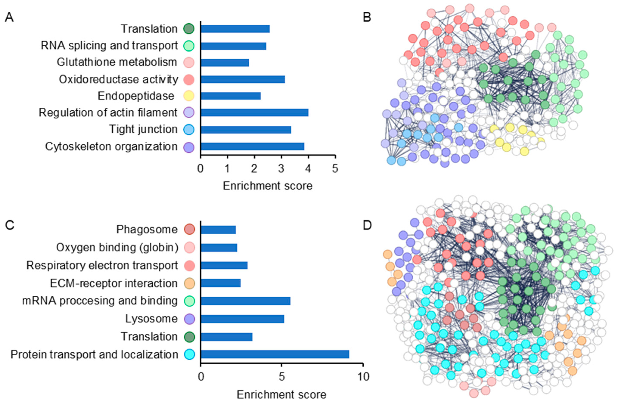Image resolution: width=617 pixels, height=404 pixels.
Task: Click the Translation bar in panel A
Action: click(235, 29)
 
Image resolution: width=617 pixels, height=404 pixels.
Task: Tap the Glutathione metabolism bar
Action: click(225, 62)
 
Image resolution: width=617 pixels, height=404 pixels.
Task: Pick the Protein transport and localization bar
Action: click(275, 354)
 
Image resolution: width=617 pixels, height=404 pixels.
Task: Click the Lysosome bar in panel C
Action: click(242, 319)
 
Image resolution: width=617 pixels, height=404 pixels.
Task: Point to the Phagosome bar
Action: click(218, 230)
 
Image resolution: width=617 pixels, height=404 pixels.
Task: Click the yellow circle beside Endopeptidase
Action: click(189, 96)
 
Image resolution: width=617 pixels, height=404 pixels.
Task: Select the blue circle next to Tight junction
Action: click(189, 129)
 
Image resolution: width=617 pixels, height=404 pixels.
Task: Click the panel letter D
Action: click(367, 225)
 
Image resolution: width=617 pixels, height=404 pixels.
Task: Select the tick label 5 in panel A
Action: click(335, 169)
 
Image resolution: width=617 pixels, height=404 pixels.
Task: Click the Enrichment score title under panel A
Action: click(268, 186)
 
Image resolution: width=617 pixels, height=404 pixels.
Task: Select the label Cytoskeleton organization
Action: click(112, 147)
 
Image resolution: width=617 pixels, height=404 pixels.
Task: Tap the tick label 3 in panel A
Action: click(282, 169)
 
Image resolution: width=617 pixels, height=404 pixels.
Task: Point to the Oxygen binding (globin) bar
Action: click(219, 248)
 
